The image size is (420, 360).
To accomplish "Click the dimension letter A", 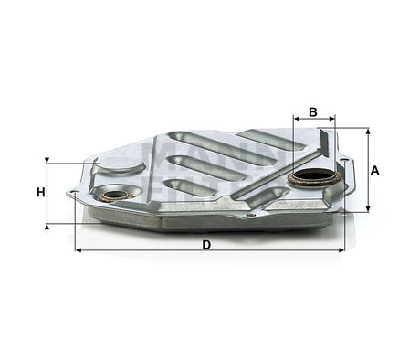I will (x=376, y=169).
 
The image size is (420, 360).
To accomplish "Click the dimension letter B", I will (x=312, y=111).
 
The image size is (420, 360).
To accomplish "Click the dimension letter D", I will (x=206, y=244).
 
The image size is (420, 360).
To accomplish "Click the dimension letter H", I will (x=40, y=192).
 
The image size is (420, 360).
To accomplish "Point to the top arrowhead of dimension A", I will (x=369, y=132).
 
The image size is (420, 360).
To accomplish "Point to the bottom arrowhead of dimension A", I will (x=369, y=208).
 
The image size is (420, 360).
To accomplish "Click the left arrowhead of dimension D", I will (x=79, y=249).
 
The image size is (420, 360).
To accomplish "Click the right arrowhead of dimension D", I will (x=342, y=249).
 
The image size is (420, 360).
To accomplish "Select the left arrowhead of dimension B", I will (x=296, y=120).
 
